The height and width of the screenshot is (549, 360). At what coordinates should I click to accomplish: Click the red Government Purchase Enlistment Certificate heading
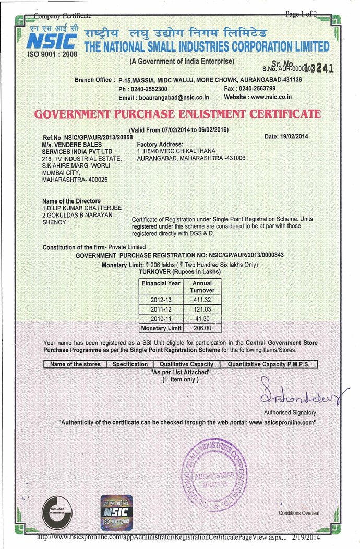pos(177,114)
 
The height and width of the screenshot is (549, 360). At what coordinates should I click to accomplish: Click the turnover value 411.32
pos(202,301)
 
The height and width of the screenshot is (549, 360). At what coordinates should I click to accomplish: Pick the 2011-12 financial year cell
pos(160,310)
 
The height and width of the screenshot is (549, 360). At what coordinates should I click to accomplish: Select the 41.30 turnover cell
pos(202,319)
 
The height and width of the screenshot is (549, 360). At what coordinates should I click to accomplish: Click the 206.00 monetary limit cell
pos(202,328)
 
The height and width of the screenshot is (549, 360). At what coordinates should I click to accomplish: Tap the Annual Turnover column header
pos(202,287)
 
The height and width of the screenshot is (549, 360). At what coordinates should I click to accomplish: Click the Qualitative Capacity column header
pos(186,364)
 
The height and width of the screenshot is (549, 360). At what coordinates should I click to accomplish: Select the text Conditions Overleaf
pos(299,513)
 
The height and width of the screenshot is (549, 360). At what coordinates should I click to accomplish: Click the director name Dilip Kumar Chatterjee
pos(83,208)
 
